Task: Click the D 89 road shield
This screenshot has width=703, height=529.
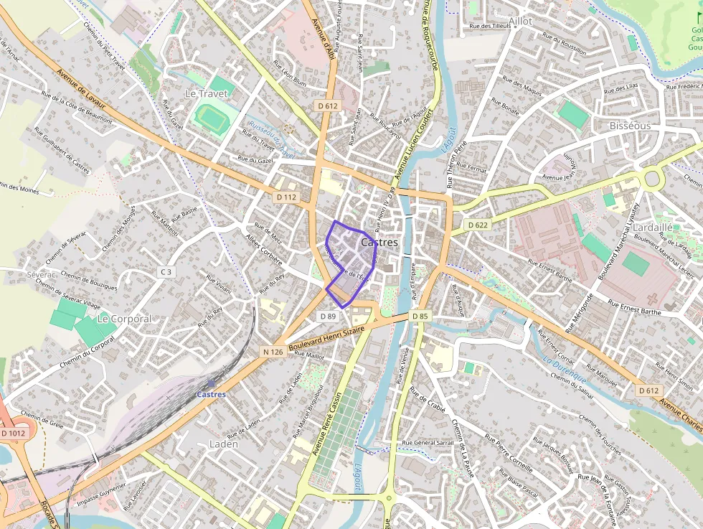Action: click(329, 317)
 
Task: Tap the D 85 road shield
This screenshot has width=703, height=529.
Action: click(420, 316)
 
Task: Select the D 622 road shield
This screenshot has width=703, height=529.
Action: click(478, 225)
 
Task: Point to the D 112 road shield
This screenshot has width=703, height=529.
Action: click(286, 197)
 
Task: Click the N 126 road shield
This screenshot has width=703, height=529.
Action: click(273, 352)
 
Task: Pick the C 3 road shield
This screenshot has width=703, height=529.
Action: click(166, 271)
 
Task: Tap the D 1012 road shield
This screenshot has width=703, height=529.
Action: click(12, 433)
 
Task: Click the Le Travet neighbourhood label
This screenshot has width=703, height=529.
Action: click(200, 93)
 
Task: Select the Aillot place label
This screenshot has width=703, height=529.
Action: click(521, 22)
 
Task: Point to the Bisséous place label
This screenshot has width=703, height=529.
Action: click(630, 126)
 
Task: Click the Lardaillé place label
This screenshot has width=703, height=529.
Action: click(653, 227)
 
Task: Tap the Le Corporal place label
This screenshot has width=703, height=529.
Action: click(124, 318)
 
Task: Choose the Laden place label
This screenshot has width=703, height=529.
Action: click(223, 444)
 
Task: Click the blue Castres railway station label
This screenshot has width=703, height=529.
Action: click(211, 394)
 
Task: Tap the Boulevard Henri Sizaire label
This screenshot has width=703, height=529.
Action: click(326, 339)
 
